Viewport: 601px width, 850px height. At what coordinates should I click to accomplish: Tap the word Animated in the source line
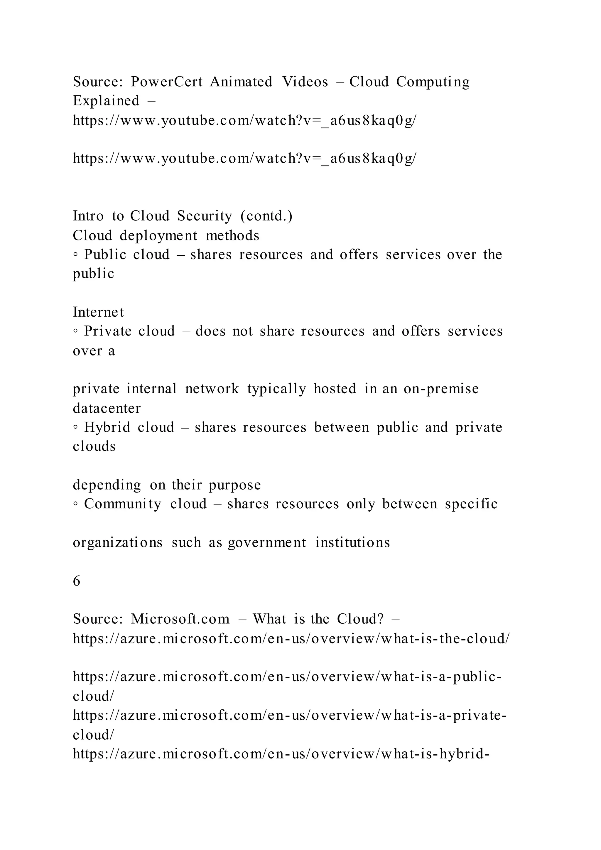click(241, 82)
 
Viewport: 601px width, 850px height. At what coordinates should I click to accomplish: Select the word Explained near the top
click(106, 101)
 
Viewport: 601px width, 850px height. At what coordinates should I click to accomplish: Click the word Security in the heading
click(204, 216)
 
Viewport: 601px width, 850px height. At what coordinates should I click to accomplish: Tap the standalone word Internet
click(98, 312)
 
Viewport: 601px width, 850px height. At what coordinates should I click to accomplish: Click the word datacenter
click(107, 408)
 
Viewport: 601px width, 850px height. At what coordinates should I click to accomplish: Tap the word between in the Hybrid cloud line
click(341, 428)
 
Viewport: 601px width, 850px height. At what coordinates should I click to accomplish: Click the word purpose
click(235, 485)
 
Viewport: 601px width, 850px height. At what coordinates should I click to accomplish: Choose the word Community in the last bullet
click(122, 504)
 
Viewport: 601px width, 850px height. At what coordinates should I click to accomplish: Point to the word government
click(267, 543)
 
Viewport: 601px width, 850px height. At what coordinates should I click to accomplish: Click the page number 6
click(77, 581)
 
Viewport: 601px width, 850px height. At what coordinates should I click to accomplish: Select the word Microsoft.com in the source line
click(180, 619)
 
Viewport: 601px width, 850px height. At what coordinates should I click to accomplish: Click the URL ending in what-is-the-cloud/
click(291, 639)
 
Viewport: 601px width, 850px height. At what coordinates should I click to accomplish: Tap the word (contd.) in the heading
click(266, 216)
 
